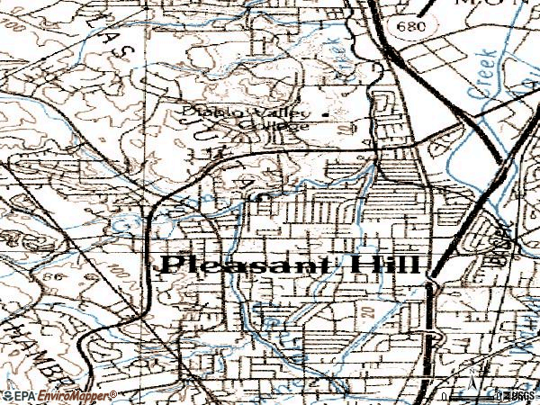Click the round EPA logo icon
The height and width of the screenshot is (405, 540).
pos(6,395)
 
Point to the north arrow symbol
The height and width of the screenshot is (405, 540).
pos(472,372)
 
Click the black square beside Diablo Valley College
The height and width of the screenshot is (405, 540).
pos(326,112)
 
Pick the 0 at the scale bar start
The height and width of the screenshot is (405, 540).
pos(445,395)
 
